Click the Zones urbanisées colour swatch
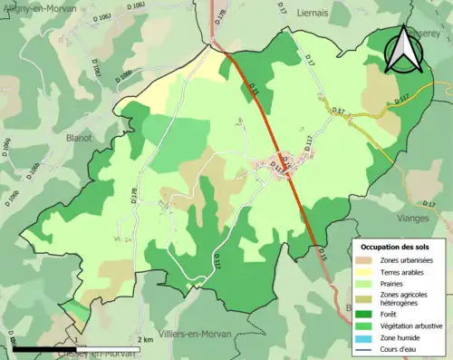366,261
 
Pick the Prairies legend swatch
366,285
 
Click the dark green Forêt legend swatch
366,313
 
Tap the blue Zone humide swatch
366,336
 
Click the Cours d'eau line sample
366,348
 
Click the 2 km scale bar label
145,340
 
